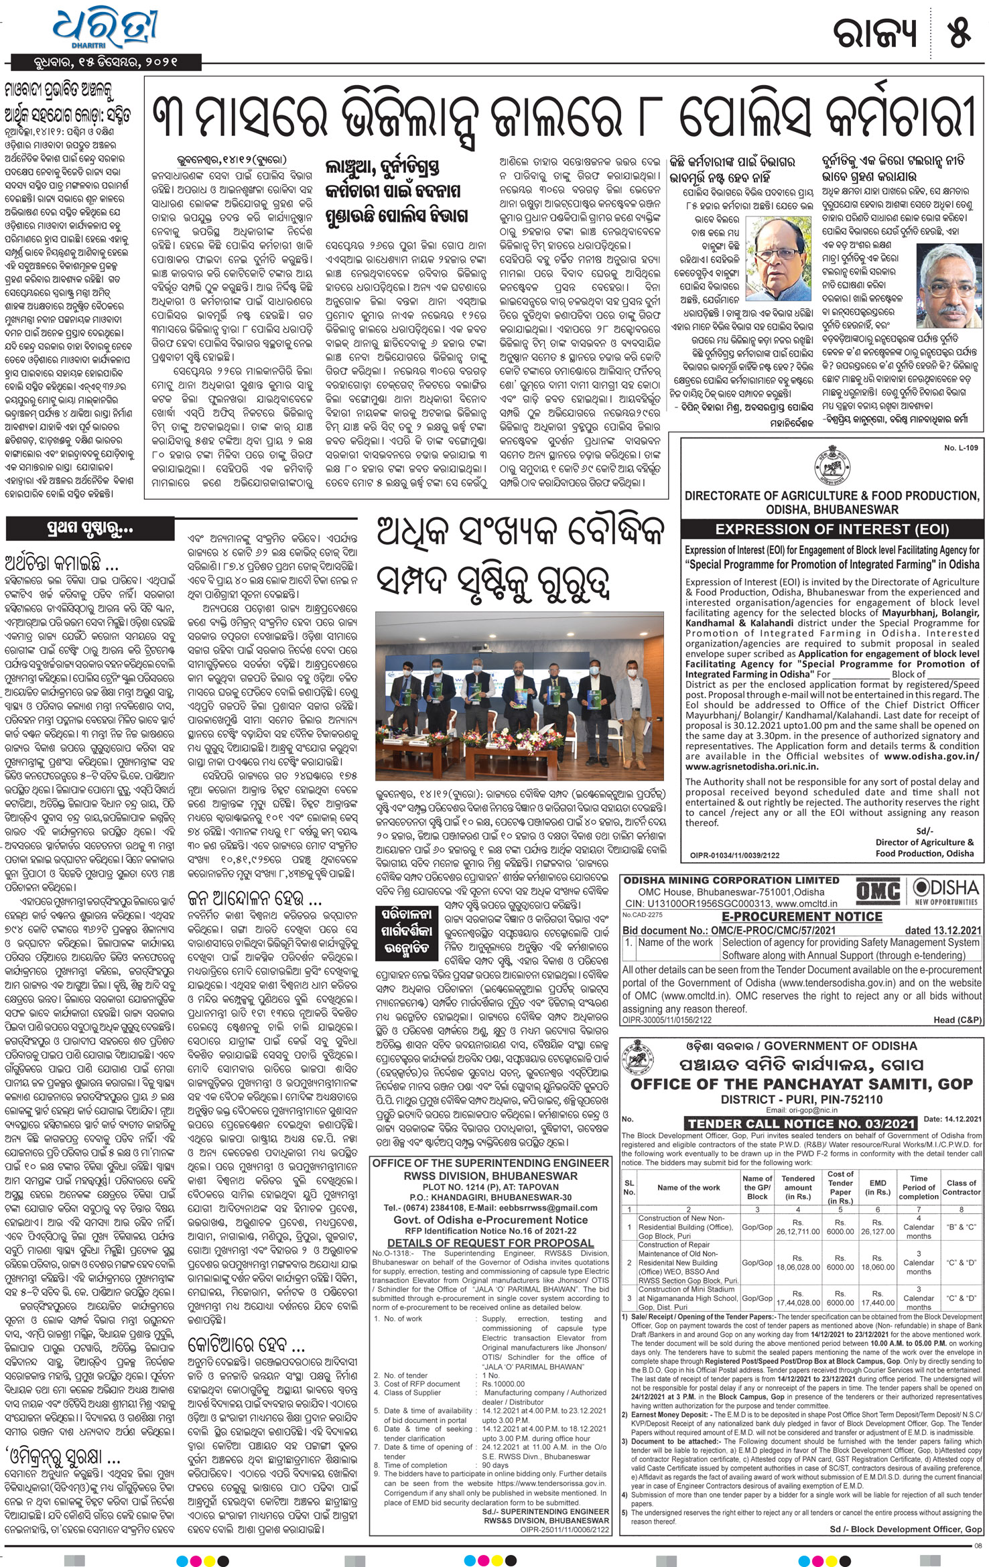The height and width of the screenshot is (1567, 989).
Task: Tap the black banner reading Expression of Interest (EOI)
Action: click(832, 529)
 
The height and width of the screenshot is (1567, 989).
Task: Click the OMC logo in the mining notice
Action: click(878, 892)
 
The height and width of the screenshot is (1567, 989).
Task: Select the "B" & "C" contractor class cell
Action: click(962, 1227)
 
